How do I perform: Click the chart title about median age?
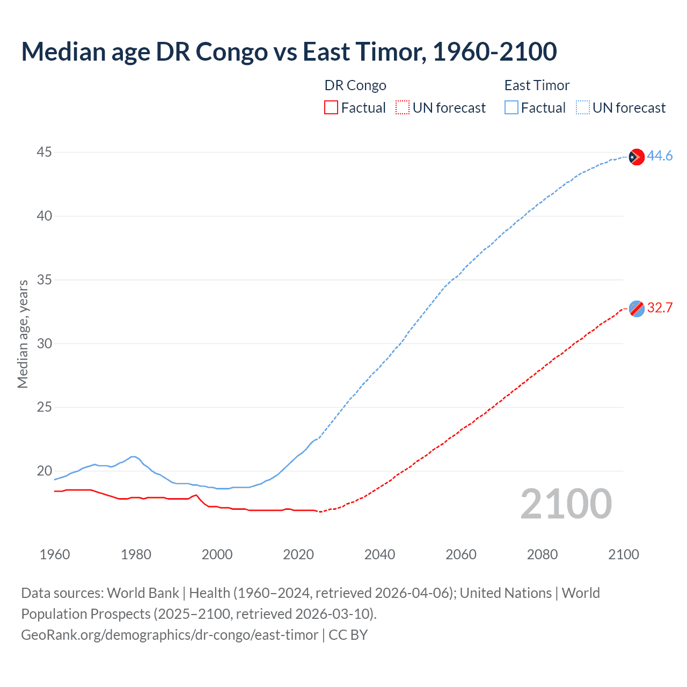[x=289, y=52]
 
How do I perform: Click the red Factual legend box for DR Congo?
[x=331, y=108]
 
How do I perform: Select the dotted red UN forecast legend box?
[x=403, y=108]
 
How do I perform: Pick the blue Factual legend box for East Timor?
[x=511, y=108]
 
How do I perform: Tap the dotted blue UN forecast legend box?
[x=583, y=108]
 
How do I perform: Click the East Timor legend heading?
[x=537, y=85]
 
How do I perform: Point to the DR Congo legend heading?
[x=355, y=85]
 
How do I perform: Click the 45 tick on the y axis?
[x=44, y=152]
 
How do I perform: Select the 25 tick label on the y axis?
[x=44, y=407]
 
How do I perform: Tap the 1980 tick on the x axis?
[x=136, y=554]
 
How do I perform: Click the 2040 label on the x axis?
[x=379, y=554]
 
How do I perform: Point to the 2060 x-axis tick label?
[x=461, y=554]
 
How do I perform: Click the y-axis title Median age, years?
[x=23, y=334]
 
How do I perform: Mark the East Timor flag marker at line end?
[x=637, y=157]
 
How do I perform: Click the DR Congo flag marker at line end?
[x=637, y=309]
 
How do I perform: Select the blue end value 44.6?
[x=660, y=156]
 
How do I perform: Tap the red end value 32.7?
[x=660, y=308]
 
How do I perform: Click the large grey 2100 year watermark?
[x=566, y=504]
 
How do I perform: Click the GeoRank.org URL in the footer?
[x=170, y=635]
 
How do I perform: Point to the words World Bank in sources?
[x=143, y=593]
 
